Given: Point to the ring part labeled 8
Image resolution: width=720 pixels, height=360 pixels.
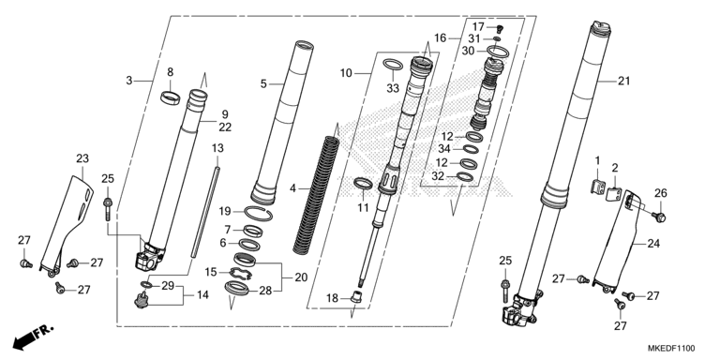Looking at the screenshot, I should pos(170,95).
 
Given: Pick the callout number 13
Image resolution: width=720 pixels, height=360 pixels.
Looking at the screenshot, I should pos(217,148).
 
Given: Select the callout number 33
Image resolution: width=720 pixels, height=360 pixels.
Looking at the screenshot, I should pos(392,88).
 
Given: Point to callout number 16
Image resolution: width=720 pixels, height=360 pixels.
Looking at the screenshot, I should pos(441,38).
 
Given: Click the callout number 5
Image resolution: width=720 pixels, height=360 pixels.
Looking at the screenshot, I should pos(264,83).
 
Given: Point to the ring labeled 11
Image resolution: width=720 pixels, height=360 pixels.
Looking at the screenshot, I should pos(363,181).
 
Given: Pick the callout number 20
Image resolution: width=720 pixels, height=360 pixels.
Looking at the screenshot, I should pos(301,277).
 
